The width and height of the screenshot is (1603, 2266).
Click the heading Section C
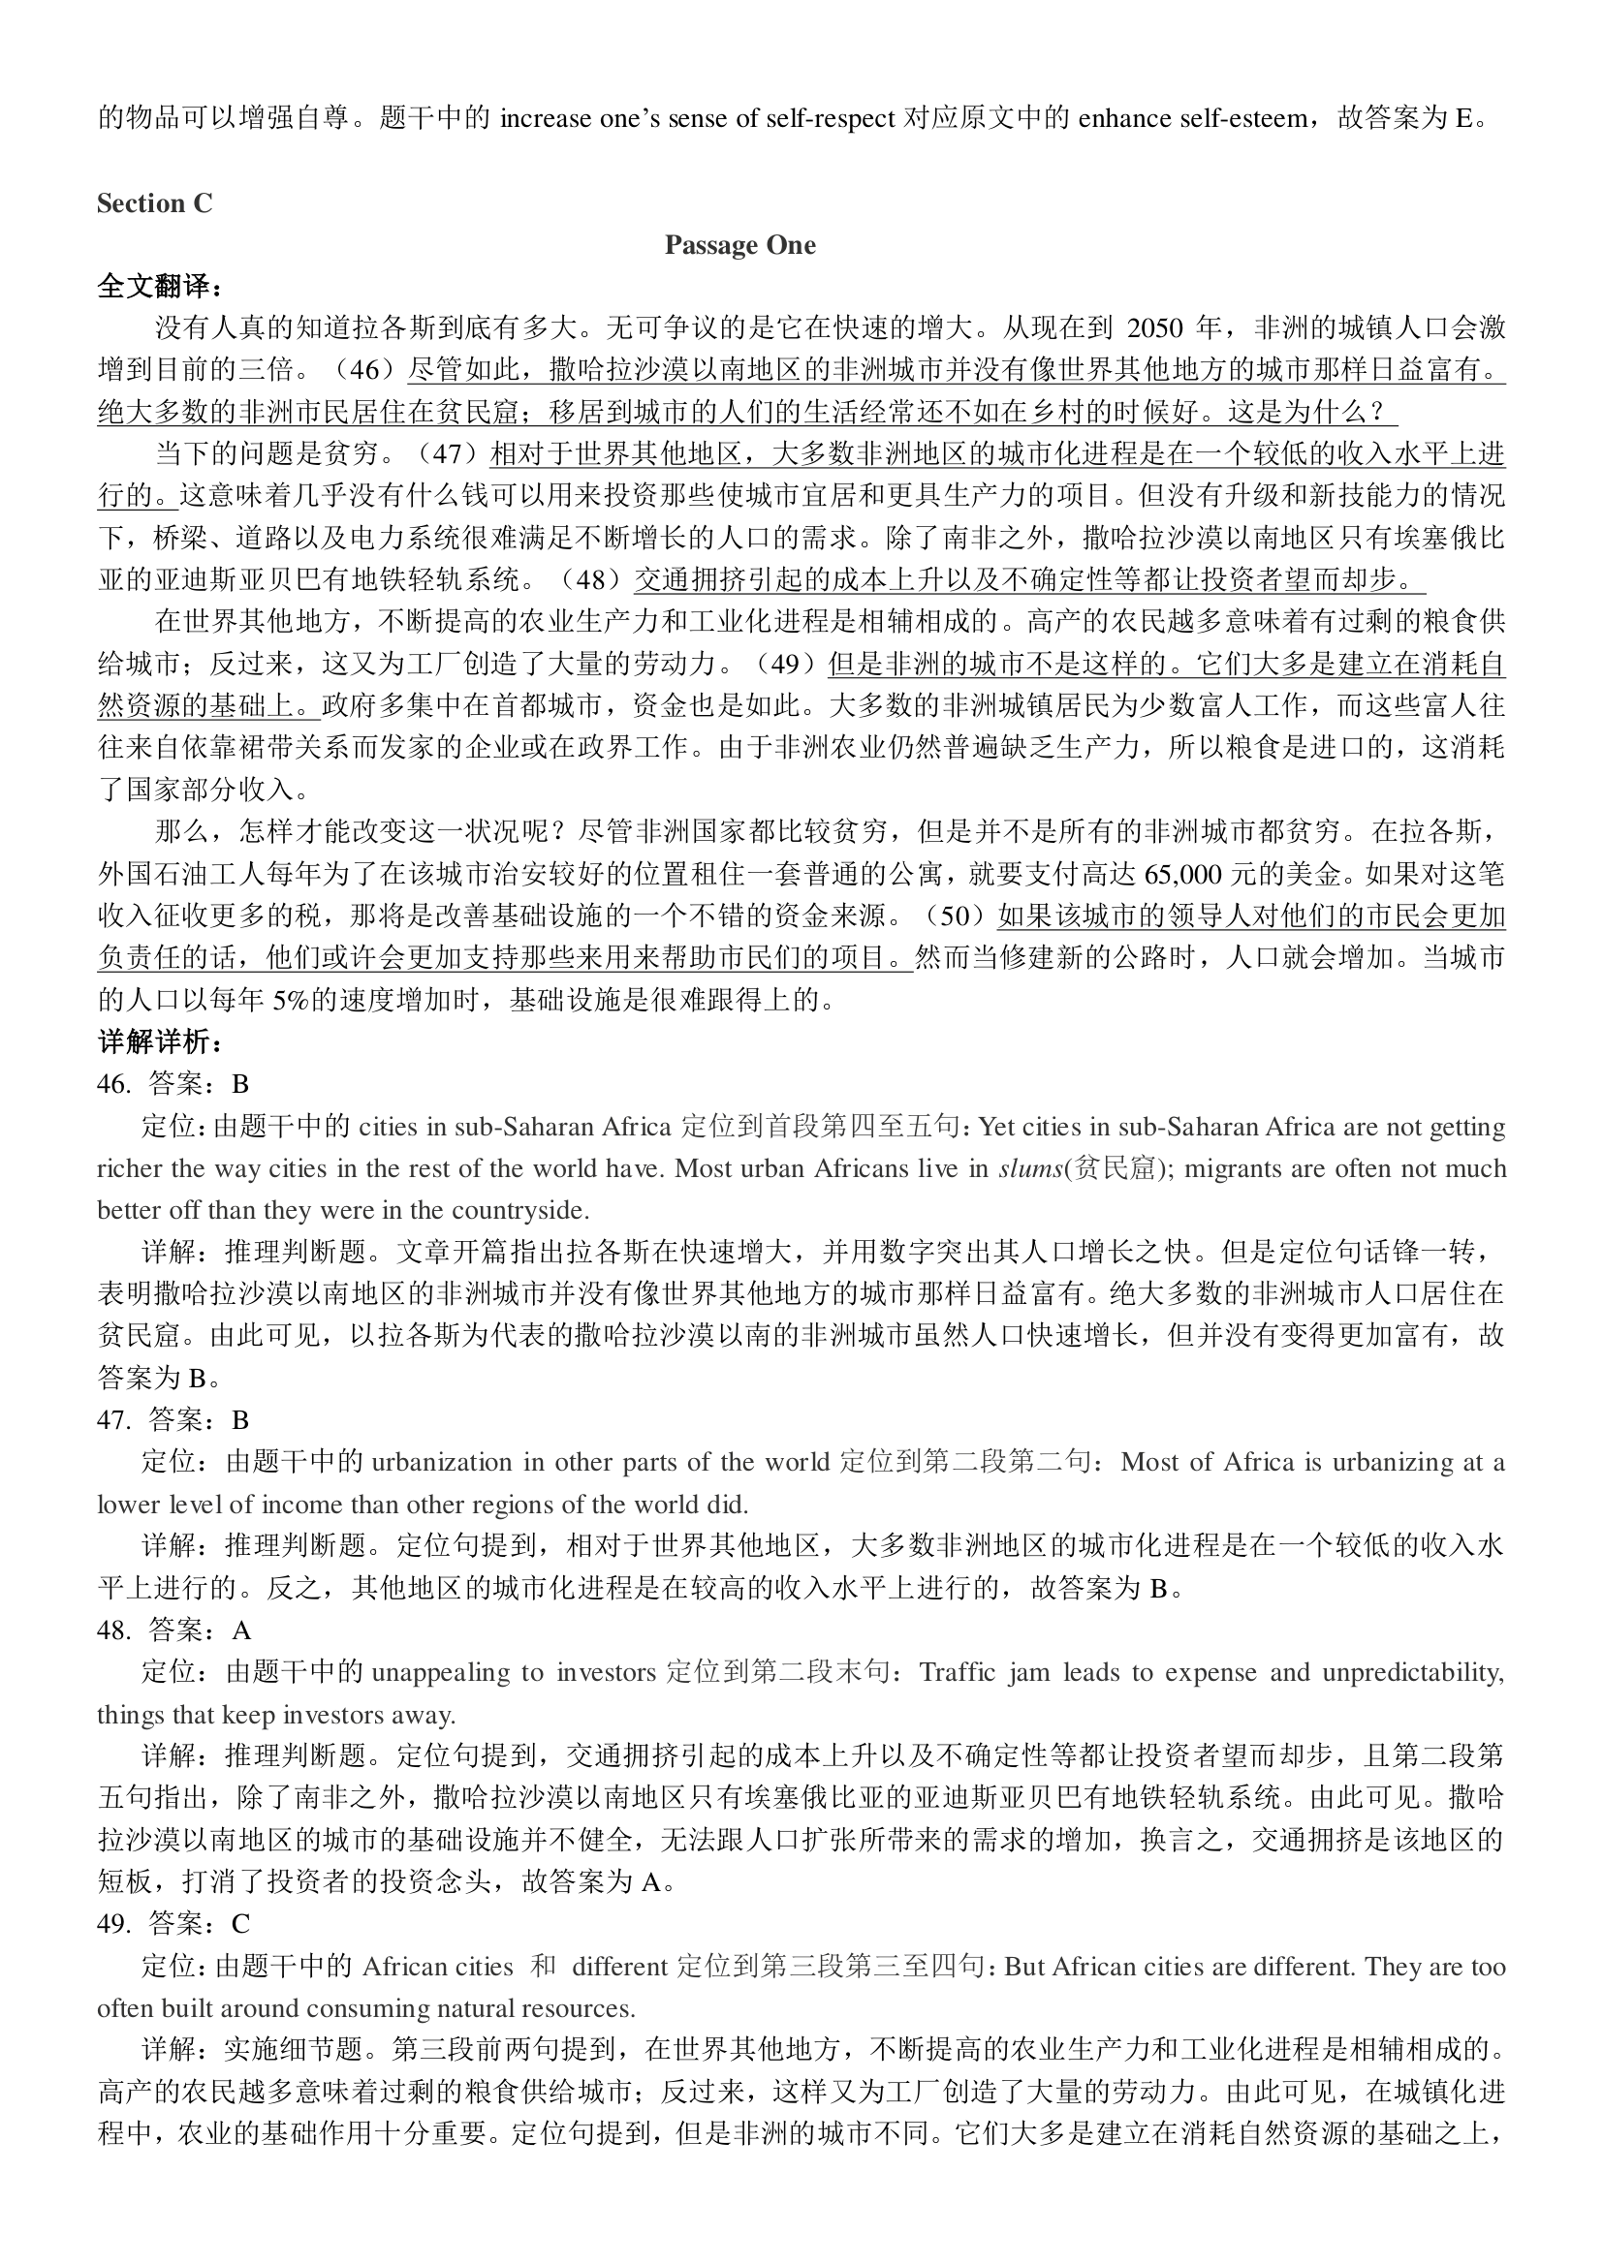point(154,203)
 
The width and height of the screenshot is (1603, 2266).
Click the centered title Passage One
point(739,246)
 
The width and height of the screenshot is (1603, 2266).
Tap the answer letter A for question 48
point(242,1630)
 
